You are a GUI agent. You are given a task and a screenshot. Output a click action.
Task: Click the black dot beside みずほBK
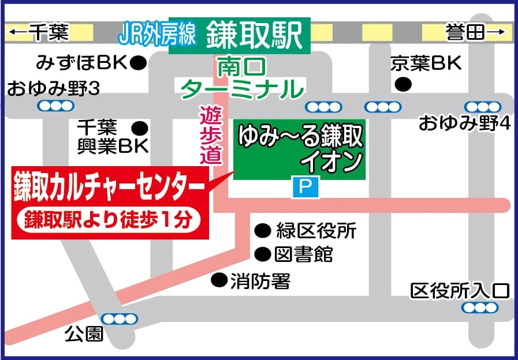pos(138,62)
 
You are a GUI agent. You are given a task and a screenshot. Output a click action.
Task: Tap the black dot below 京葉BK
pos(403,85)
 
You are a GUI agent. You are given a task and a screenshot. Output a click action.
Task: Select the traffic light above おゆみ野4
pos(482,107)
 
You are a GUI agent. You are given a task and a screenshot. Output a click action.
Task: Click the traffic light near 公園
pos(119,318)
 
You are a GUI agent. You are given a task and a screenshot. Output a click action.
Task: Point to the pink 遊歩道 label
pos(210,136)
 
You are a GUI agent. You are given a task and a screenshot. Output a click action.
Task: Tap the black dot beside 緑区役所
pos(263,231)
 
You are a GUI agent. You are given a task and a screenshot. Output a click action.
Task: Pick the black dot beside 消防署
pos(218,280)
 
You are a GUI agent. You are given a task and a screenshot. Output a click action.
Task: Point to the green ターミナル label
pos(242,89)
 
